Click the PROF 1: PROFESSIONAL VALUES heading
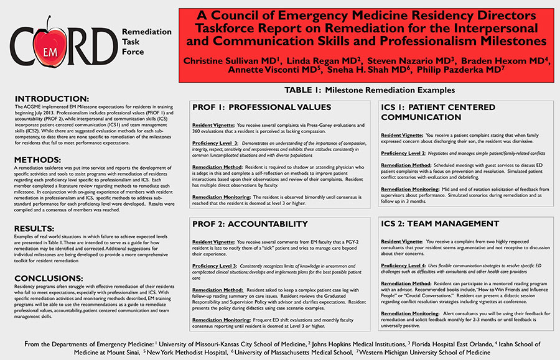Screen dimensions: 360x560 pyautogui.click(x=252, y=107)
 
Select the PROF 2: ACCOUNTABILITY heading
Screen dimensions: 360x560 pyautogui.click(x=241, y=224)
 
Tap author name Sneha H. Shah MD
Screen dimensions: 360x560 pyautogui.click(x=366, y=72)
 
